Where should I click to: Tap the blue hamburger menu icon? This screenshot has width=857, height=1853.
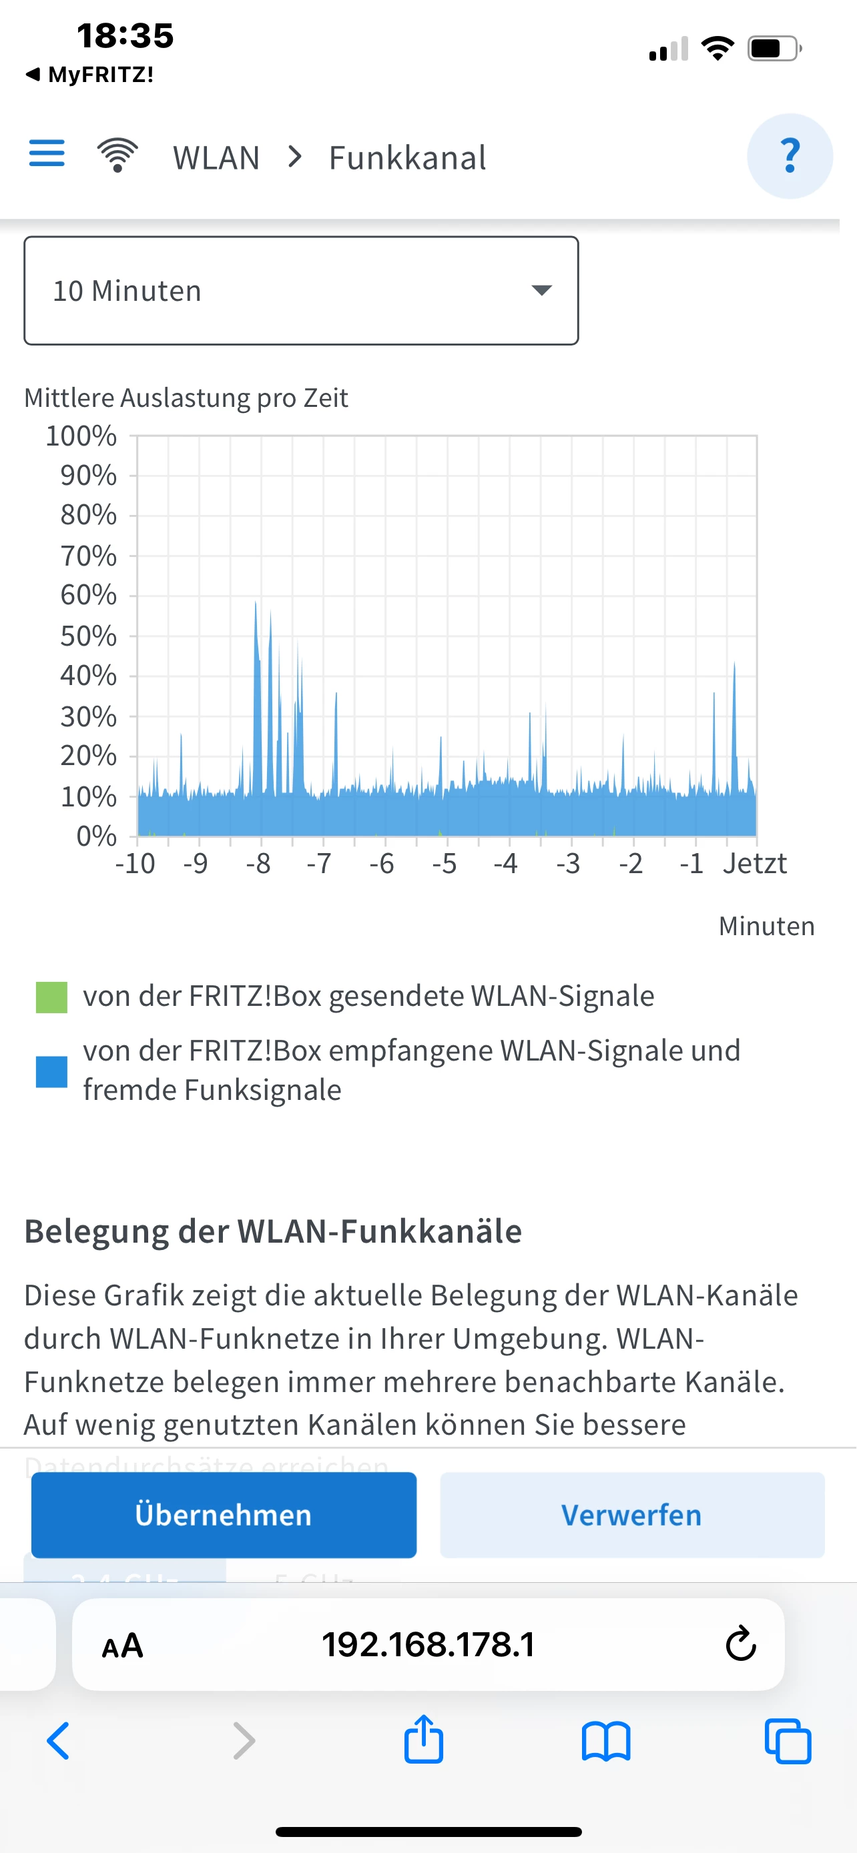pos(47,153)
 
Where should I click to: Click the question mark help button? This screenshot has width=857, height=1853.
pos(790,156)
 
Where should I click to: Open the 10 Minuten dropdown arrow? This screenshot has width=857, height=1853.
pos(541,290)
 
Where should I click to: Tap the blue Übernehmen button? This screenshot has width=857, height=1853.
pos(224,1514)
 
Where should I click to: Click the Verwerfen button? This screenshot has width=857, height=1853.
pos(632,1514)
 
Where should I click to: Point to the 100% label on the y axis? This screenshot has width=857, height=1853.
pos(81,436)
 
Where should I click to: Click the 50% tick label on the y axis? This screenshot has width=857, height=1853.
pos(88,636)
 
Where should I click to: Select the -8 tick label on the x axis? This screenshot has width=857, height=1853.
pos(258,863)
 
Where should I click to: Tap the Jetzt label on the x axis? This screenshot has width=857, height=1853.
pos(754,863)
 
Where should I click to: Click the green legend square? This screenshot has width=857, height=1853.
pos(52,997)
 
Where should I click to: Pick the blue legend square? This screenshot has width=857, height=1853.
pos(52,1072)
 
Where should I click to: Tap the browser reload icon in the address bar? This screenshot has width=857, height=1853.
pos(740,1644)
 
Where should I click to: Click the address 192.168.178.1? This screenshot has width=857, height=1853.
pos(428,1644)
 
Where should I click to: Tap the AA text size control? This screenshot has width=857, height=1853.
pos(122,1645)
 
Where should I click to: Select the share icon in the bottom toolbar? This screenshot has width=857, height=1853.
pos(424,1740)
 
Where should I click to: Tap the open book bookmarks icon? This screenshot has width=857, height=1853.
pos(606,1742)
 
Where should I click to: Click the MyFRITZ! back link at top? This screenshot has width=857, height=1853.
pos(90,74)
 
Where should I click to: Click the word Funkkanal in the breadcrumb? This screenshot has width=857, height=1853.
pos(407,157)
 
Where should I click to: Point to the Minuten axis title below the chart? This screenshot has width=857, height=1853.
pos(766,926)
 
